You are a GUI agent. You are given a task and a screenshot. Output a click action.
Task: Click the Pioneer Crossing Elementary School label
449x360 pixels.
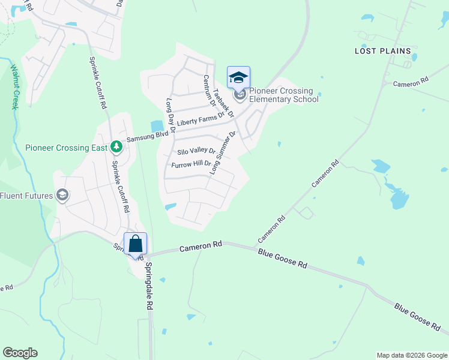[x=283, y=95]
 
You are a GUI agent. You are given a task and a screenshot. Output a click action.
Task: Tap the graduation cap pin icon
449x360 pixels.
[x=238, y=78]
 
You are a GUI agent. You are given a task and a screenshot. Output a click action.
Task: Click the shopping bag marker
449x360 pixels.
[x=135, y=244]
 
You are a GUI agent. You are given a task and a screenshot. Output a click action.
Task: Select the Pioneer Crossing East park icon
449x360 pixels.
[x=116, y=147]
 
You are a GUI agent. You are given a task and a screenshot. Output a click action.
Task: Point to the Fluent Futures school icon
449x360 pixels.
[x=62, y=195]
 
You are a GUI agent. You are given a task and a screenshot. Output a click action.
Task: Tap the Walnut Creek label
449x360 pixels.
[x=14, y=86]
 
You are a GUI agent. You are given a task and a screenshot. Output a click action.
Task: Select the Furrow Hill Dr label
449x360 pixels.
[x=191, y=164]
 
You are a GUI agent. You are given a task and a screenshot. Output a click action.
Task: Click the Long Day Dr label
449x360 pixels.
[x=170, y=115]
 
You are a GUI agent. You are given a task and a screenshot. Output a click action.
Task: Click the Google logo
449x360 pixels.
[x=20, y=353]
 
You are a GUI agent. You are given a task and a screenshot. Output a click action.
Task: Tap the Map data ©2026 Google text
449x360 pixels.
[x=412, y=355]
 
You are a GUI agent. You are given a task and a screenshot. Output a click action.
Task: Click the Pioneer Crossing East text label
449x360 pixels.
[x=66, y=148]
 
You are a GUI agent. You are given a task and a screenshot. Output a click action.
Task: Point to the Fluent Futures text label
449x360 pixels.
[x=26, y=196]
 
